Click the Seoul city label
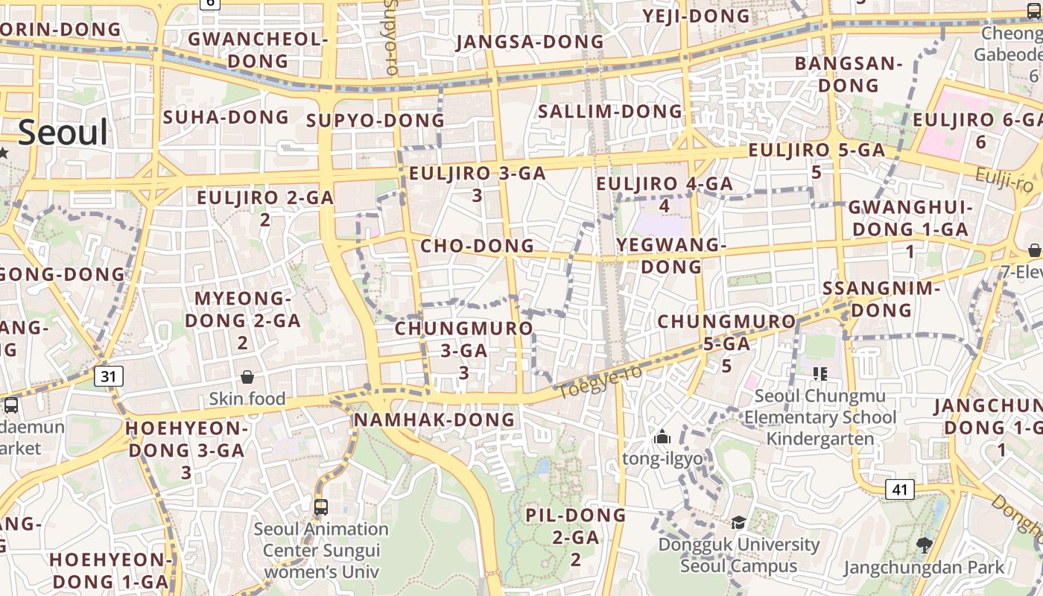click(63, 133)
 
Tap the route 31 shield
click(109, 376)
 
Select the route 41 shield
click(900, 489)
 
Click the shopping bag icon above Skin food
click(247, 378)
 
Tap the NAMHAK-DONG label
click(434, 420)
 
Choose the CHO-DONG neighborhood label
click(478, 246)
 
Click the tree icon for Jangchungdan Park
click(925, 545)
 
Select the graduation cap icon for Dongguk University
click(738, 522)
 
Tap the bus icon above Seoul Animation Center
click(321, 507)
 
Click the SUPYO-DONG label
click(375, 121)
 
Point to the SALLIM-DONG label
click(610, 112)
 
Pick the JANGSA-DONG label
click(530, 42)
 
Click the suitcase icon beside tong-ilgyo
click(662, 437)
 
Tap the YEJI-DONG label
click(697, 16)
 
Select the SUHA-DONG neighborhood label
click(226, 117)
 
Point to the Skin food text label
click(247, 399)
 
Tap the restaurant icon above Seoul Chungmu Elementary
click(820, 373)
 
